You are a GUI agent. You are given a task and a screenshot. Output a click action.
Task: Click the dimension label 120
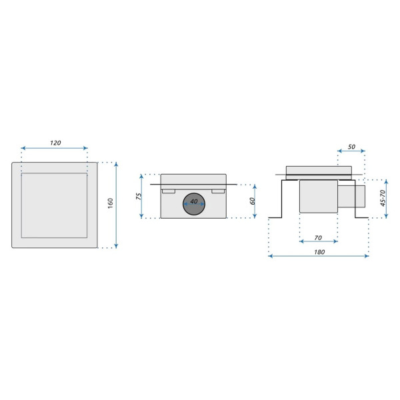55,143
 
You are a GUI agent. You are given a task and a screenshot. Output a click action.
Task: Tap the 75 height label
137,196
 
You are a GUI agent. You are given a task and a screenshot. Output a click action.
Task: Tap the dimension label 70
318,237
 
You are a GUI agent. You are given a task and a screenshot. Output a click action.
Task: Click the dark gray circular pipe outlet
194,204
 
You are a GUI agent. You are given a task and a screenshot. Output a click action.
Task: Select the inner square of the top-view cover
55,205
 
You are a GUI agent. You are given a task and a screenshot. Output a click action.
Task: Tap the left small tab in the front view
169,191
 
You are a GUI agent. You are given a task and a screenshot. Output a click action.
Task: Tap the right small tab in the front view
219,191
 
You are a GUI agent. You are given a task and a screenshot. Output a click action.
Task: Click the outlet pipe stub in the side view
351,197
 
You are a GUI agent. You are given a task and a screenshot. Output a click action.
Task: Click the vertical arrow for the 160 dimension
117,204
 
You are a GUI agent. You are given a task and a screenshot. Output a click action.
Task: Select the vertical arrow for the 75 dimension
142,196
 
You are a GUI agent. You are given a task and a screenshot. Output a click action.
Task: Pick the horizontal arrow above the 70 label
319,243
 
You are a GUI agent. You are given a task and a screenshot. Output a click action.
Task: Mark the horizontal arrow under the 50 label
351,151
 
